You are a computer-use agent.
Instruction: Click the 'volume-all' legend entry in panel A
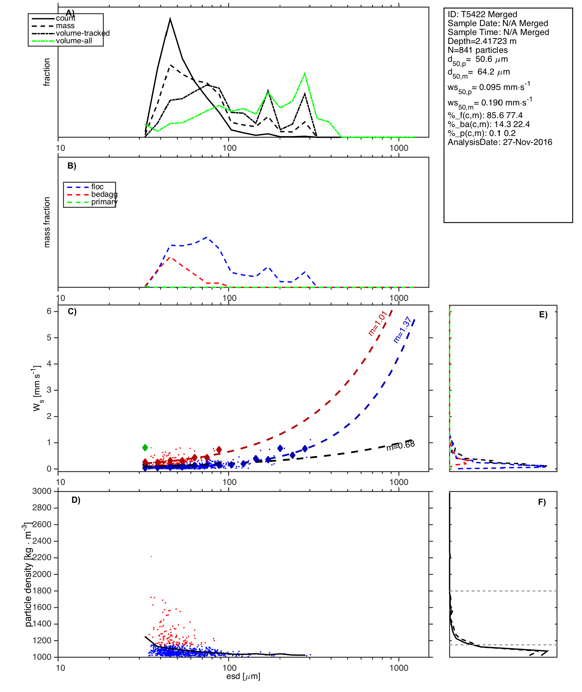[x=74, y=41]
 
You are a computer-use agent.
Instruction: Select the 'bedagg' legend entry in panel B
[x=104, y=194]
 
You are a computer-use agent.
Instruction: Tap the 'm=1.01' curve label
[x=378, y=323]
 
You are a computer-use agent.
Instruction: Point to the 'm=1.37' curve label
[x=402, y=330]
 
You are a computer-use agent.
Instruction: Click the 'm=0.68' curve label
[x=401, y=446]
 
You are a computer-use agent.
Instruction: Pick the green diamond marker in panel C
[x=145, y=447]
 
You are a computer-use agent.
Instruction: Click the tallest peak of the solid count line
[x=170, y=19]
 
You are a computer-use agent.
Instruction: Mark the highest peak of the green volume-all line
[x=305, y=74]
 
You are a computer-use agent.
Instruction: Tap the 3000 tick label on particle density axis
[x=42, y=491]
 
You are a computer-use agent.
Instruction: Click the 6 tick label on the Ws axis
[x=49, y=311]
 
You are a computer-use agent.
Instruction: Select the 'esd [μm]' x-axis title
[x=243, y=676]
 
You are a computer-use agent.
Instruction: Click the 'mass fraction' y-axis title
[x=47, y=222]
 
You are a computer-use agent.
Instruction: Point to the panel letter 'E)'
[x=543, y=315]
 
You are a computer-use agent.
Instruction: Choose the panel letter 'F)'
[x=542, y=502]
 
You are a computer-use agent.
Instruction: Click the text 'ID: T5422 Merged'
[x=482, y=14]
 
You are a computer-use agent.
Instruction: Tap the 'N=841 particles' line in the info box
[x=478, y=50]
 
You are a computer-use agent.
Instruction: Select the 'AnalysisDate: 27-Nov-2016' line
[x=500, y=142]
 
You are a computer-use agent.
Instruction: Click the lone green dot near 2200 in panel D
[x=151, y=556]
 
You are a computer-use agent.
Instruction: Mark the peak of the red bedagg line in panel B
[x=170, y=257]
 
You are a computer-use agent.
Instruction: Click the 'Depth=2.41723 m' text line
[x=482, y=41]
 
